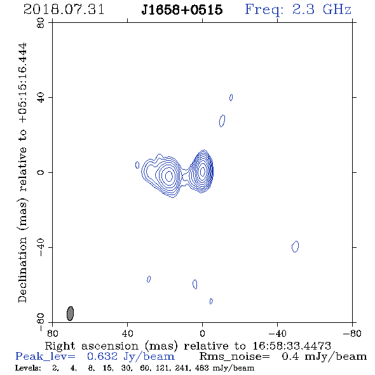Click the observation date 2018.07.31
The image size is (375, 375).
click(x=64, y=10)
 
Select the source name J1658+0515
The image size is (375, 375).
click(x=182, y=10)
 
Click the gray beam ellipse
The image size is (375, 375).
click(x=70, y=313)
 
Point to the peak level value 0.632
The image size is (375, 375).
click(x=102, y=357)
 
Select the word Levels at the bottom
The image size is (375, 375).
click(x=28, y=368)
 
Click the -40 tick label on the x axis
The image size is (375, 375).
click(x=277, y=333)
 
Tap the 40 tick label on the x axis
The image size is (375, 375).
click(x=128, y=333)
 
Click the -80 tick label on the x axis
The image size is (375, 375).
click(x=352, y=333)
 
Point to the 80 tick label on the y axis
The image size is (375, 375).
click(x=41, y=23)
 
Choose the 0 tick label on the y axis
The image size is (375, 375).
click(x=41, y=172)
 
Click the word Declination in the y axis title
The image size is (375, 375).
click(x=22, y=270)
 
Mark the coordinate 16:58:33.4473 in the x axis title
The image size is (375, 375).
click(x=292, y=346)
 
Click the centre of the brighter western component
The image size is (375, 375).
click(x=203, y=171)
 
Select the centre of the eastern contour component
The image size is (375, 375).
click(x=169, y=176)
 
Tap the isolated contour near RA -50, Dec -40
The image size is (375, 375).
click(x=296, y=247)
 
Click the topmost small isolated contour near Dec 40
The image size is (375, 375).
click(x=231, y=97)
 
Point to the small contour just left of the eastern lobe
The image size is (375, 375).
click(x=137, y=165)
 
